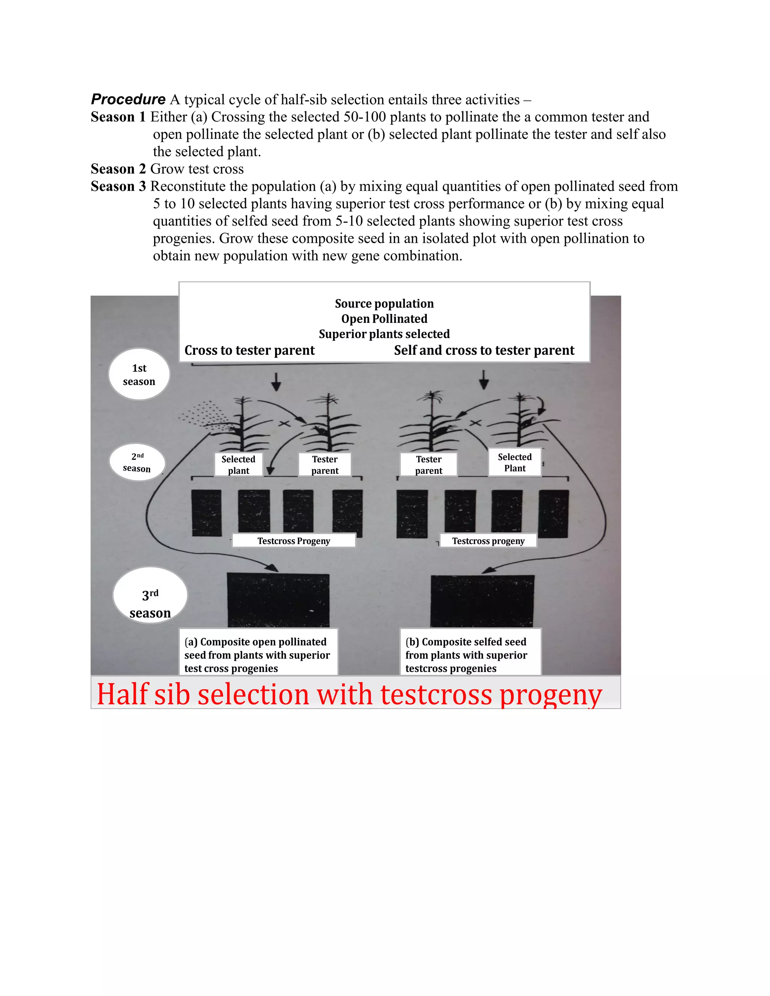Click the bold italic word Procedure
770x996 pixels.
[128, 100]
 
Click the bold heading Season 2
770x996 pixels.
[118, 169]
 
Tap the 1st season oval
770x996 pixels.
[139, 374]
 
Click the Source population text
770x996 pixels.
[384, 304]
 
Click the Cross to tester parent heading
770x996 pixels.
[250, 350]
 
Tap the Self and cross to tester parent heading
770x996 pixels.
[484, 350]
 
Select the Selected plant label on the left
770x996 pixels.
[239, 465]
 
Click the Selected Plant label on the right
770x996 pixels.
[515, 462]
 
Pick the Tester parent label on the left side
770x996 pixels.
[325, 465]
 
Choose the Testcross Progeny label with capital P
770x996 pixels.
[294, 541]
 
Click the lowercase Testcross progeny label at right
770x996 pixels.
[488, 541]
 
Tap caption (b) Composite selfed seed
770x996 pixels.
[466, 655]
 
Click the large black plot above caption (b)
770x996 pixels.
[482, 601]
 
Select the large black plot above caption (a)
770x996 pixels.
[278, 600]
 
